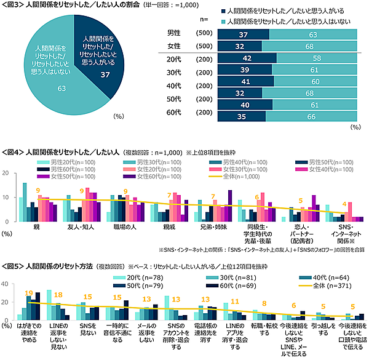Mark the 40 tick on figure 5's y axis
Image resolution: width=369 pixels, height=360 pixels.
(7, 284)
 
